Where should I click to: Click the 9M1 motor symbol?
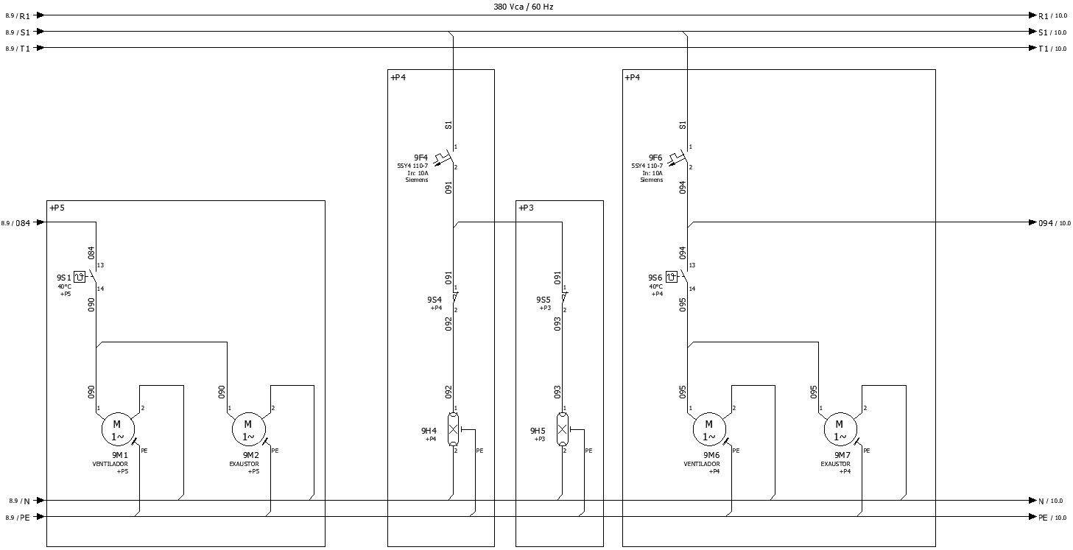point(116,429)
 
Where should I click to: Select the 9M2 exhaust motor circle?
point(248,429)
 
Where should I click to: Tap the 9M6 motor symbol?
point(709,429)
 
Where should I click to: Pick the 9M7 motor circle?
point(840,429)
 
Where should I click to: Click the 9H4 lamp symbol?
point(454,429)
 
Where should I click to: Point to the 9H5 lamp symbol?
point(563,429)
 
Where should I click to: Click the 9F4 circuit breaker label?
point(421,158)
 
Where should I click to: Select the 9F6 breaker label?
point(655,158)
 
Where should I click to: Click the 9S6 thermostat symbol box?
point(671,277)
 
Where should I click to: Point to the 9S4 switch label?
point(435,300)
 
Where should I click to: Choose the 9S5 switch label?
point(543,300)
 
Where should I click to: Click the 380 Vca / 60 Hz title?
point(523,6)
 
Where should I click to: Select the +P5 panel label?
point(57,208)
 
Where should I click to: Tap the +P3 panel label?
point(526,208)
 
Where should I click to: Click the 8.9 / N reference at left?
point(19,501)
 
